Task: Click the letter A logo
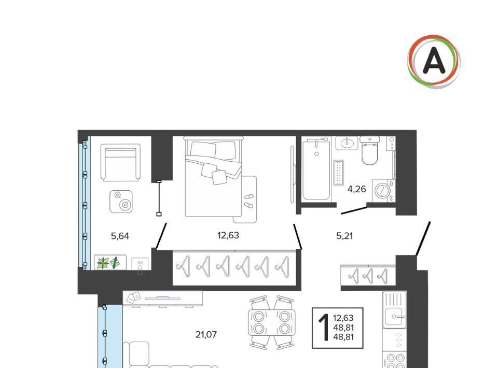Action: coord(434,62)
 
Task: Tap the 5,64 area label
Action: coord(120,236)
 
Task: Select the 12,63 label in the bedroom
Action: coord(228,235)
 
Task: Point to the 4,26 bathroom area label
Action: coord(357,189)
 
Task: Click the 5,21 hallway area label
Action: coord(344,236)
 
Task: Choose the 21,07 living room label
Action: coord(206,334)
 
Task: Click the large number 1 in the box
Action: coord(324,328)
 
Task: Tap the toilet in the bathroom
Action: coord(370,151)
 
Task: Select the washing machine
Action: coord(383,191)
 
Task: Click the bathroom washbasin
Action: coord(347,143)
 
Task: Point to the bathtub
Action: coord(316,171)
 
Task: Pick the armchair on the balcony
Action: coord(120,163)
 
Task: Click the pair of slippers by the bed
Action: coord(248,201)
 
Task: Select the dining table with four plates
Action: coord(271,322)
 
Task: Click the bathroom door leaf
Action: coord(354,210)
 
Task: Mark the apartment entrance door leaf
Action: coord(423,238)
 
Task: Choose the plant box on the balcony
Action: coord(110,263)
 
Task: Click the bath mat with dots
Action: coord(339,173)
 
